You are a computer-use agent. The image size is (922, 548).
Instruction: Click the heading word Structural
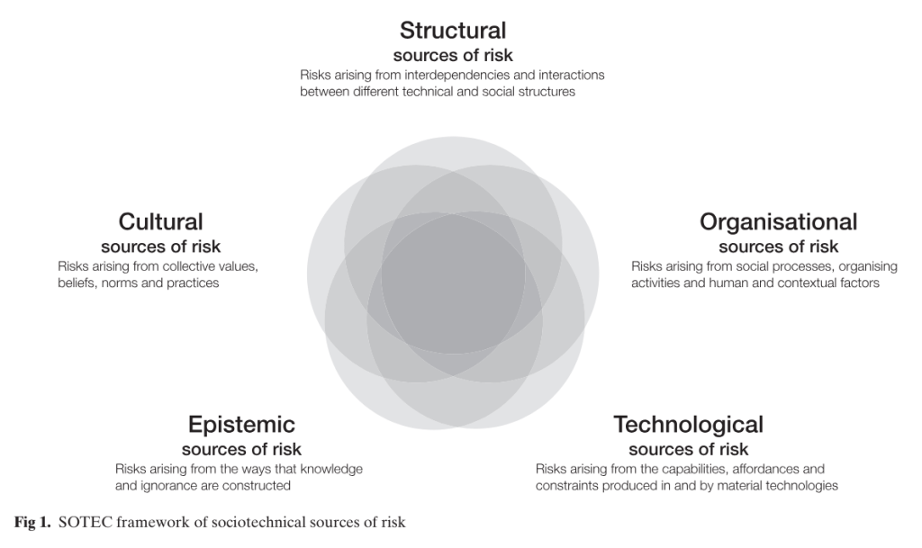(453, 31)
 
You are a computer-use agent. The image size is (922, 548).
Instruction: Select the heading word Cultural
(160, 221)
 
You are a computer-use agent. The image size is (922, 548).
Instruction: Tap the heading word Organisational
(778, 221)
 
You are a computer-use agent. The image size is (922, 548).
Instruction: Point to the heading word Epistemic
(241, 424)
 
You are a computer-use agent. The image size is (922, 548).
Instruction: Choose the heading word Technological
(688, 424)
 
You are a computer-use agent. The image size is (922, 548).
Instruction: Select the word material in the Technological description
(740, 486)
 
